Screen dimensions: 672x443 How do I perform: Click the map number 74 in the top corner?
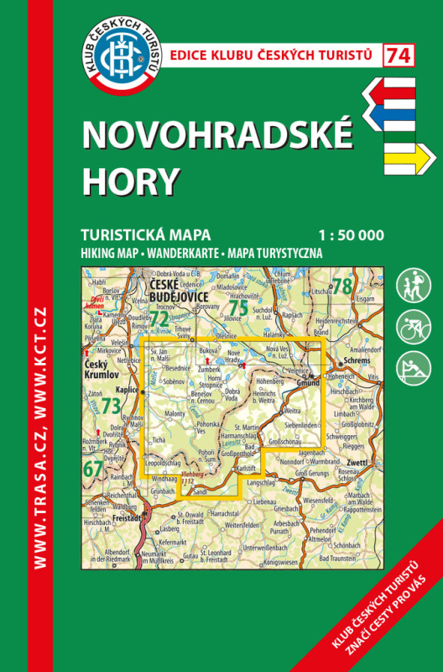pyautogui.click(x=399, y=55)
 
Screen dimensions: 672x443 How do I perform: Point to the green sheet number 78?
pyautogui.click(x=341, y=286)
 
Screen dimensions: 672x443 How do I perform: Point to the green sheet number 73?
pyautogui.click(x=110, y=405)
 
